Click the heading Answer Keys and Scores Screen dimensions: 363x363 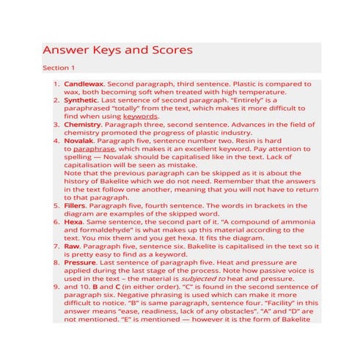coord(117,51)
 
